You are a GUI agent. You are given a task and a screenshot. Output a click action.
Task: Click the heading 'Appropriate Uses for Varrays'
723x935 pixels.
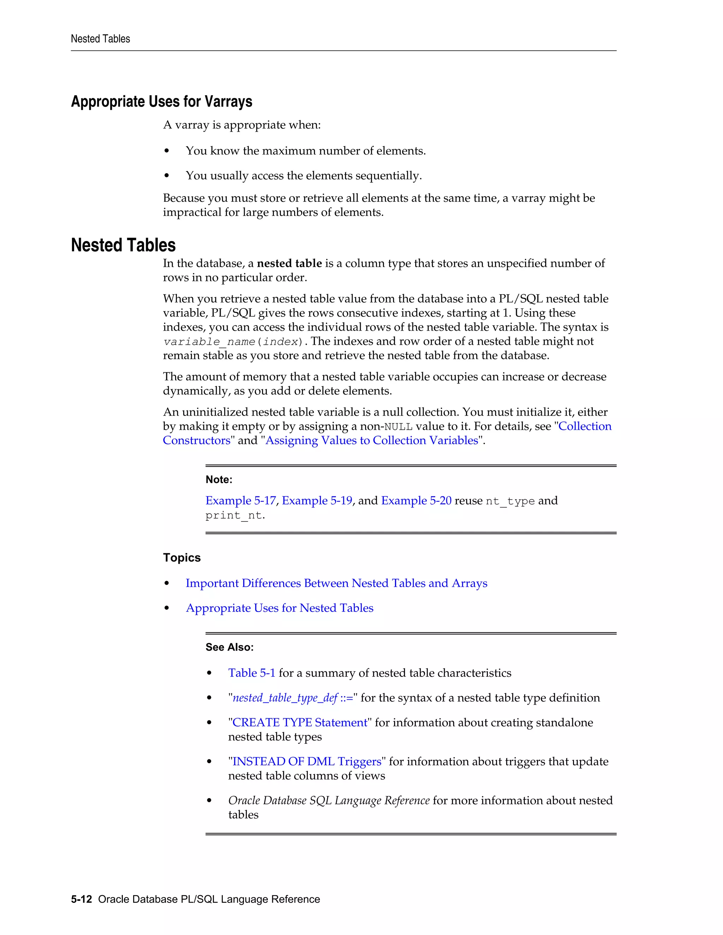(x=161, y=102)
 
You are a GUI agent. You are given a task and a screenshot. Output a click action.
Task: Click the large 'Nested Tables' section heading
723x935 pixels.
(x=123, y=245)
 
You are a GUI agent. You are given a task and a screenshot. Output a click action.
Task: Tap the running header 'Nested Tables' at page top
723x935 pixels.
(x=100, y=39)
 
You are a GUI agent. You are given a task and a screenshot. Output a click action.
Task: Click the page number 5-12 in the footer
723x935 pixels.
(x=82, y=899)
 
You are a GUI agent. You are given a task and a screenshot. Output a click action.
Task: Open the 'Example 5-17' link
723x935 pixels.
(x=240, y=500)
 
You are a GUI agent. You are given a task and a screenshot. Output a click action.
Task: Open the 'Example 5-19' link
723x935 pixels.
(x=317, y=500)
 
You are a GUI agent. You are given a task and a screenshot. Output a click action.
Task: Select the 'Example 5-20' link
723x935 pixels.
(x=416, y=500)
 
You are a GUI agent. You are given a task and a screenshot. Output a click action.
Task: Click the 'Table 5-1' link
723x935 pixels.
(x=251, y=673)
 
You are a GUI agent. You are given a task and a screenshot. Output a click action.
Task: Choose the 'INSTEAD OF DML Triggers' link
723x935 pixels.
(x=306, y=762)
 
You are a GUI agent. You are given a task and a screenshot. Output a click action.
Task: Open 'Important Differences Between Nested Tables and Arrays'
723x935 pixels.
(x=336, y=584)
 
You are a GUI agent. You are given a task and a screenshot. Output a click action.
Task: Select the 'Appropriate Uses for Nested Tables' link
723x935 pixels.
(x=279, y=608)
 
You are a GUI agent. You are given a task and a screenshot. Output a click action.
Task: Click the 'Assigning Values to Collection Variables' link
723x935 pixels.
(x=371, y=441)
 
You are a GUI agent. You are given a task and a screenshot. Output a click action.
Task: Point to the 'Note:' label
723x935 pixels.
(x=219, y=479)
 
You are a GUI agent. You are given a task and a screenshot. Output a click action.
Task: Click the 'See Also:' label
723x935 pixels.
(x=229, y=647)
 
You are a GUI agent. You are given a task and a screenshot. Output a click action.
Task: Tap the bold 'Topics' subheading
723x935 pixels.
(x=181, y=558)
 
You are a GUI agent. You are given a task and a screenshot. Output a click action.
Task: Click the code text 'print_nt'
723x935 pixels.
(x=233, y=515)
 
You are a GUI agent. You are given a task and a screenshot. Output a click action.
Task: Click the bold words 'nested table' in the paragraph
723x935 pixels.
(x=289, y=263)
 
